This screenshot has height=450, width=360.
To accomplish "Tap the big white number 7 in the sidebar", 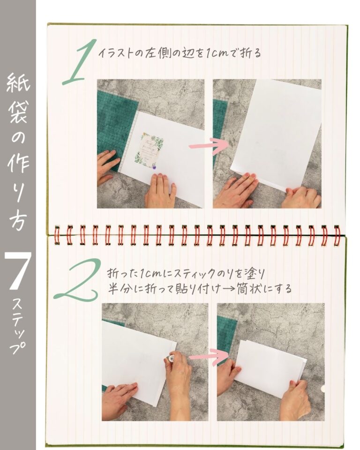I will tap(18, 271).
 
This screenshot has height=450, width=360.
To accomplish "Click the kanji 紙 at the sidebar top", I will tap(18, 83).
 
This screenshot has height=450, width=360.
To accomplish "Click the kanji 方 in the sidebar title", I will tap(18, 219).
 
